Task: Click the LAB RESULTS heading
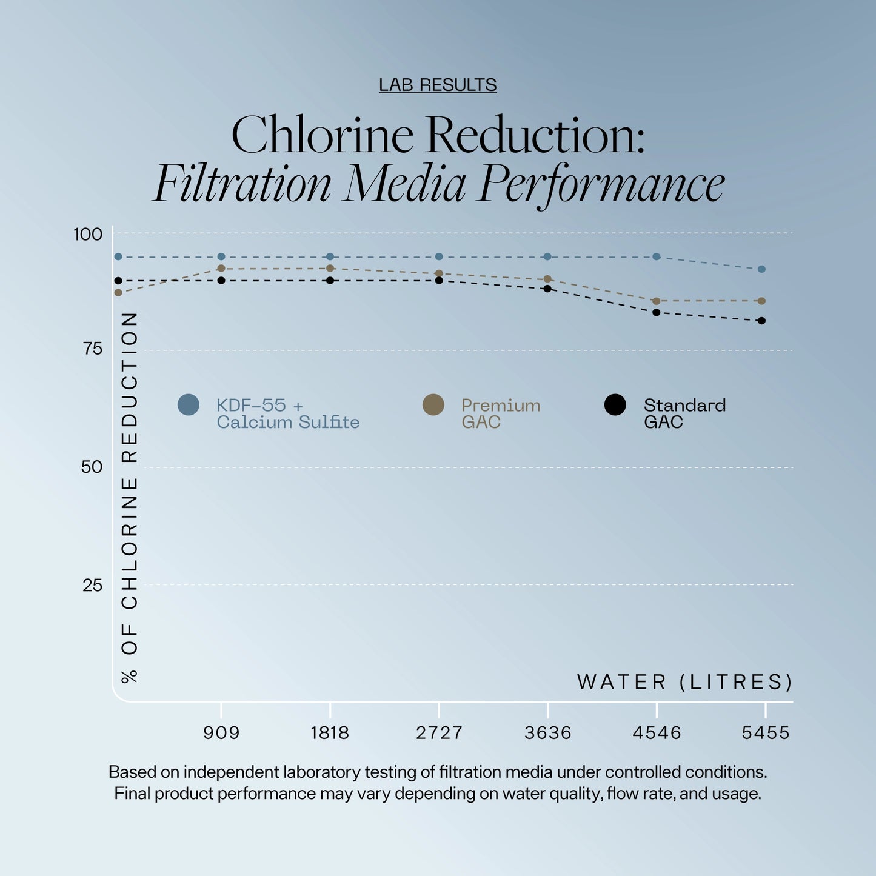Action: [438, 85]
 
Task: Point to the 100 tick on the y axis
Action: [88, 234]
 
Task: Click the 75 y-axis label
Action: [92, 349]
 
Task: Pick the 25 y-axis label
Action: [92, 585]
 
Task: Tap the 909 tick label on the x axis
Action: [221, 733]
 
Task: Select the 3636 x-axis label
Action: [548, 733]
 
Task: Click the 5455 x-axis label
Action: [766, 733]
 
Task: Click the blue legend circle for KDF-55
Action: [189, 405]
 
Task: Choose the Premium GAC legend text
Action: [500, 413]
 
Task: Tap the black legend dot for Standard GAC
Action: [615, 405]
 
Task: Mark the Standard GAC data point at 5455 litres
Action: [761, 321]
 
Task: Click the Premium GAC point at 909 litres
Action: [221, 268]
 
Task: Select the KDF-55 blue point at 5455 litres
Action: [761, 269]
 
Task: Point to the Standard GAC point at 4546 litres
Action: [657, 312]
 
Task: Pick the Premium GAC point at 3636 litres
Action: [547, 279]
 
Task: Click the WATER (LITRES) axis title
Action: [684, 682]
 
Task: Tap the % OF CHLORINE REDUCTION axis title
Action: [130, 497]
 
